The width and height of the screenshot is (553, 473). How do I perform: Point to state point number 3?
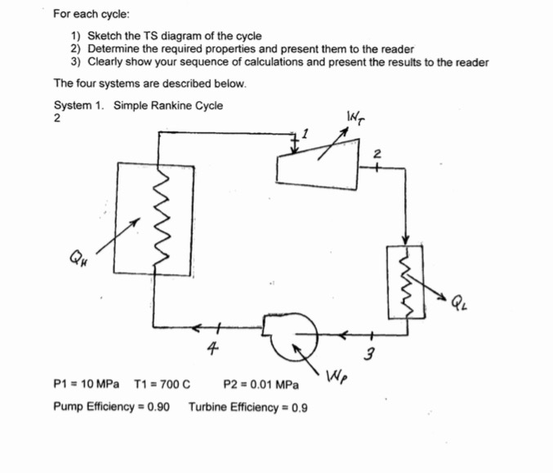tap(368, 354)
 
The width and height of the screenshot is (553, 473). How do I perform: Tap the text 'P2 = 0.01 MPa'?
tap(260, 383)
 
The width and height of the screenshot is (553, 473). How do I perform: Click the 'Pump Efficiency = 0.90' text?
tap(111, 405)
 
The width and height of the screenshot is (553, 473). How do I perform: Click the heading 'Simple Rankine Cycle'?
tap(167, 105)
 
